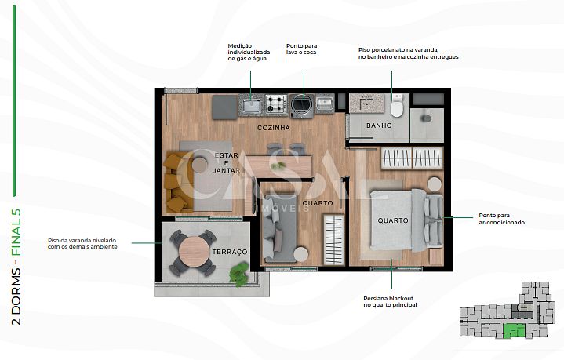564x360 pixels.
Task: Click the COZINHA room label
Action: click(x=273, y=128)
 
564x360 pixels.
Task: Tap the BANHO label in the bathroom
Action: click(x=379, y=125)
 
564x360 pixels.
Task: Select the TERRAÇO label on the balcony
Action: click(x=230, y=252)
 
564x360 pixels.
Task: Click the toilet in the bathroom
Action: click(x=397, y=106)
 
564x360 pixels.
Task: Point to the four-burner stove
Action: click(x=276, y=104)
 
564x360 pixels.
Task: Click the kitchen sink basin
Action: click(x=251, y=106)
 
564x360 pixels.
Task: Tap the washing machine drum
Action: click(x=302, y=104)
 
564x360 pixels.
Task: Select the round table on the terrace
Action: click(x=193, y=251)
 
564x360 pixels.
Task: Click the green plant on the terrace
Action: click(x=239, y=274)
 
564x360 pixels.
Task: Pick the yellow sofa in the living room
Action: click(x=177, y=182)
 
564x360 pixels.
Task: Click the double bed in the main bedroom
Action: click(x=406, y=220)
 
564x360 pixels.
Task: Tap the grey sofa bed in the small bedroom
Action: click(x=280, y=228)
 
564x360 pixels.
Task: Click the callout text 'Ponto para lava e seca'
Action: click(x=301, y=49)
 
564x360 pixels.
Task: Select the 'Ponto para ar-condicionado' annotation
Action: click(x=501, y=219)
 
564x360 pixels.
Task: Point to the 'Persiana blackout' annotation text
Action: click(x=390, y=302)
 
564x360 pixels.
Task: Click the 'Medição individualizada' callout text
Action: click(x=249, y=52)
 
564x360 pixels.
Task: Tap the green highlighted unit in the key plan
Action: click(x=514, y=331)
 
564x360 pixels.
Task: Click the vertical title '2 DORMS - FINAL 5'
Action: click(x=16, y=267)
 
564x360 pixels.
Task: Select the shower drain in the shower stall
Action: click(x=427, y=118)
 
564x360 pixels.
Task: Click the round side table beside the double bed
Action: click(x=434, y=184)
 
